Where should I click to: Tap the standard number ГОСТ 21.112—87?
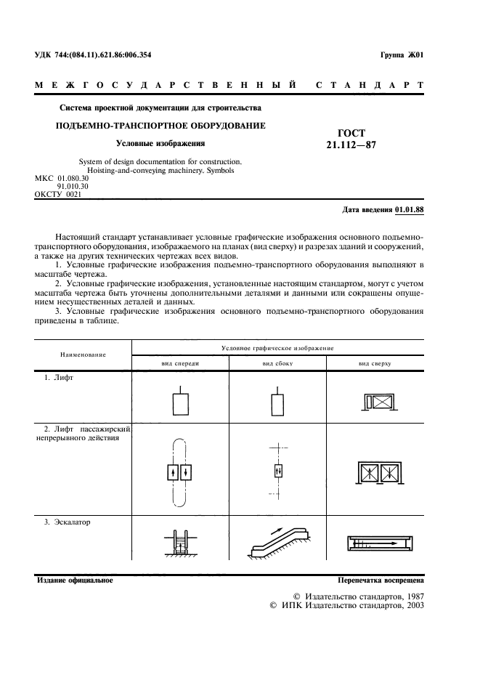click(x=351, y=139)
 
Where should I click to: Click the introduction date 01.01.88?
click(x=409, y=210)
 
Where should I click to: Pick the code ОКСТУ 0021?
click(x=59, y=195)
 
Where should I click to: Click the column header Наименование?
click(x=83, y=355)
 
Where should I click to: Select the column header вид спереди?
click(x=179, y=363)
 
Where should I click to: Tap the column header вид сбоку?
click(x=277, y=363)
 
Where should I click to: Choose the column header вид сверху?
click(x=375, y=363)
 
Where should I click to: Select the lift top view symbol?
click(x=375, y=402)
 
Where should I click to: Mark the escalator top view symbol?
click(x=375, y=543)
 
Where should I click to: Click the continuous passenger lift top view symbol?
click(x=375, y=473)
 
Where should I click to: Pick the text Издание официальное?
click(x=74, y=581)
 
